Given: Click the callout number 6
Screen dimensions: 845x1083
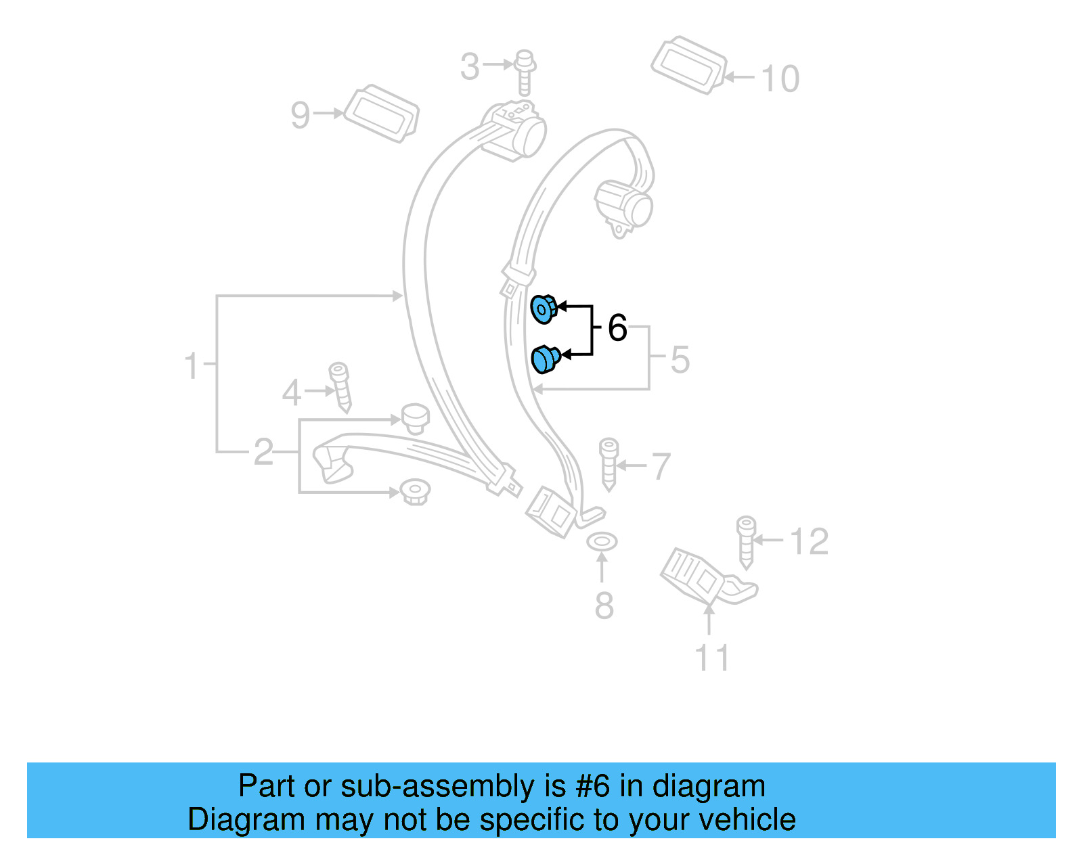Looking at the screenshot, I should (x=617, y=328).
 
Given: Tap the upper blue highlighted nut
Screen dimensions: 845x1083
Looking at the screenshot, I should (x=543, y=309).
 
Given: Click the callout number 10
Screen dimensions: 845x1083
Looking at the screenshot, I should (x=780, y=79).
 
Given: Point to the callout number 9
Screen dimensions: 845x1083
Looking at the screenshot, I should (x=300, y=115).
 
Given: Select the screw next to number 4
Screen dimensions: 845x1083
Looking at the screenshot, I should (x=340, y=387).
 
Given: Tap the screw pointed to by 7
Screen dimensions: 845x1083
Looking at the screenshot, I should (x=609, y=463).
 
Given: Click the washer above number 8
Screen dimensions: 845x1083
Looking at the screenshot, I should (x=601, y=542).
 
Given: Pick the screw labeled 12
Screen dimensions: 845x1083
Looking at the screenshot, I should (x=746, y=542).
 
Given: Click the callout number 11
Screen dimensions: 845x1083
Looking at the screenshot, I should (x=712, y=658).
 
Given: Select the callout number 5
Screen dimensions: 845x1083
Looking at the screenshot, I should (x=680, y=359).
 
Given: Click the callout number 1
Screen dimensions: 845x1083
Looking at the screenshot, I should (x=192, y=366).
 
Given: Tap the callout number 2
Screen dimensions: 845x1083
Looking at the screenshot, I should (x=263, y=452).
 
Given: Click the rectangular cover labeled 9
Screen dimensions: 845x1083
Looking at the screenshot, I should (x=381, y=113).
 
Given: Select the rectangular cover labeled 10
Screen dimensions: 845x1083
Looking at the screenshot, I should (x=688, y=65).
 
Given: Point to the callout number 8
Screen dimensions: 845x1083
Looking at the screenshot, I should (x=604, y=606).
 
